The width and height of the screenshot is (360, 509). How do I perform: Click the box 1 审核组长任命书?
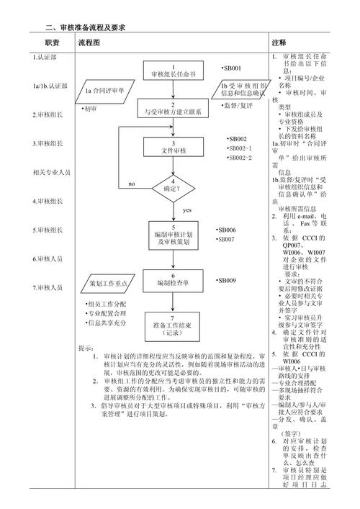(173, 71)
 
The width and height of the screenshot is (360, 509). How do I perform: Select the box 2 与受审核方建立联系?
(173, 109)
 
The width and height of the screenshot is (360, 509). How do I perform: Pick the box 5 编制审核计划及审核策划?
(173, 235)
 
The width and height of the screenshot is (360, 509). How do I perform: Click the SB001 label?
(232, 68)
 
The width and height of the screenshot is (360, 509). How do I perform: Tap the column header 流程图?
(89, 43)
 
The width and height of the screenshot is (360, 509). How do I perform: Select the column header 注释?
(279, 43)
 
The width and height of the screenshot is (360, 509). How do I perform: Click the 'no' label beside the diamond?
(132, 184)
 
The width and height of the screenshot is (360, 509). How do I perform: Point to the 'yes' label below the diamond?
(187, 210)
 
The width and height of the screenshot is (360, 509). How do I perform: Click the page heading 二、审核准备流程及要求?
(86, 27)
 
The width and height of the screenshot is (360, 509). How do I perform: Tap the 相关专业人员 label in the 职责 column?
(52, 173)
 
